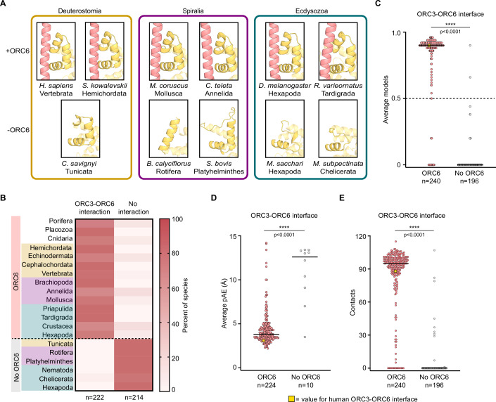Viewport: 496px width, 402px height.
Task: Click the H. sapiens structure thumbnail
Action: tap(56, 51)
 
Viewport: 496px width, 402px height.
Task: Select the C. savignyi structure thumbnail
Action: tap(80, 129)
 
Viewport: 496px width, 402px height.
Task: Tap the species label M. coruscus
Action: tap(169, 86)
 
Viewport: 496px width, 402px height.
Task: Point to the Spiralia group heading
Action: tap(193, 11)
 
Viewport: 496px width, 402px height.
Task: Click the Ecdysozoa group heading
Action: tap(312, 11)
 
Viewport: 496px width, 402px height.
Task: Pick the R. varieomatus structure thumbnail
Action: tap(338, 51)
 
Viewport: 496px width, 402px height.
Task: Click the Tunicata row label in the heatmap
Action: tap(60, 344)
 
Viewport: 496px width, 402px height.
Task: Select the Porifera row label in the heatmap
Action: tap(61, 221)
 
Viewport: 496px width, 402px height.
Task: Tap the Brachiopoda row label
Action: tap(53, 283)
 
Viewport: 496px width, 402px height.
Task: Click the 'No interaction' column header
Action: tap(134, 207)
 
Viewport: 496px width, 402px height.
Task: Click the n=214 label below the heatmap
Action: tap(134, 397)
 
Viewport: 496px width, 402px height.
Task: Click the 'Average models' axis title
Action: tap(386, 99)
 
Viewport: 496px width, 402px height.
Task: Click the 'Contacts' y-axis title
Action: tap(352, 302)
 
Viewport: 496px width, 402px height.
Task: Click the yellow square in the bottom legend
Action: tap(291, 399)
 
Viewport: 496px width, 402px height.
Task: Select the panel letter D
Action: tap(214, 198)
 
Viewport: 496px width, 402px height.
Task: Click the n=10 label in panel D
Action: tap(305, 385)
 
